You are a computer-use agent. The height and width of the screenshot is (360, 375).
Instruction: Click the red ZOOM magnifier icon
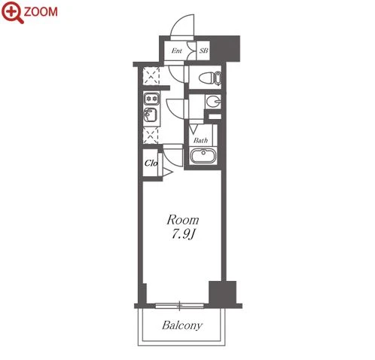[x=13, y=12]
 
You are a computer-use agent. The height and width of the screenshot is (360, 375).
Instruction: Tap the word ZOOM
[x=41, y=12]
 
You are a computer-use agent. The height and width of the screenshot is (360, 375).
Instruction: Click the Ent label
[x=177, y=50]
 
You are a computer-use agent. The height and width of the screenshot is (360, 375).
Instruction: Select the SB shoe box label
[x=204, y=50]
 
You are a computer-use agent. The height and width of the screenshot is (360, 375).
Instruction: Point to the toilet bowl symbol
[x=210, y=78]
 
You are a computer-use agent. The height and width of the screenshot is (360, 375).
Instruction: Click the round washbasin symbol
[x=213, y=102]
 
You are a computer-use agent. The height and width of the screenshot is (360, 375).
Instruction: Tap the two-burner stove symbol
[x=151, y=99]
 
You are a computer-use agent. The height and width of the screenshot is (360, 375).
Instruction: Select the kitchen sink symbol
[x=151, y=115]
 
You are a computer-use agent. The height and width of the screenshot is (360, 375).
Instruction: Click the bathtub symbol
[x=203, y=156]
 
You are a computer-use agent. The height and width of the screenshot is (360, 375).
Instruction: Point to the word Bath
[x=200, y=140]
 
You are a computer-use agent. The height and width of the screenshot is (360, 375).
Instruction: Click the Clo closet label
[x=151, y=163]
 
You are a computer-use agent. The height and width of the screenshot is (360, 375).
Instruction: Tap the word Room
[x=183, y=220]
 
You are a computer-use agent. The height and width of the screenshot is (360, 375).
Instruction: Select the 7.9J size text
[x=183, y=234]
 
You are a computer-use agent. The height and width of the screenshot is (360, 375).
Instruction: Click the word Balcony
[x=182, y=325]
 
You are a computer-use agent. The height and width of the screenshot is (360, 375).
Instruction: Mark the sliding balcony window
[x=180, y=306]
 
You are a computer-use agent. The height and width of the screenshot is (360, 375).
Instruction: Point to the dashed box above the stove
[x=151, y=76]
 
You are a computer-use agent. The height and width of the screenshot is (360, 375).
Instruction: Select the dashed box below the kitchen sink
[x=151, y=136]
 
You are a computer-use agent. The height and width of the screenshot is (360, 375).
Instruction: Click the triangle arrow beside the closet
[x=168, y=172]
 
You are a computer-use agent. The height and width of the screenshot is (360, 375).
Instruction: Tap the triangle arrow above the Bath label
[x=194, y=129]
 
